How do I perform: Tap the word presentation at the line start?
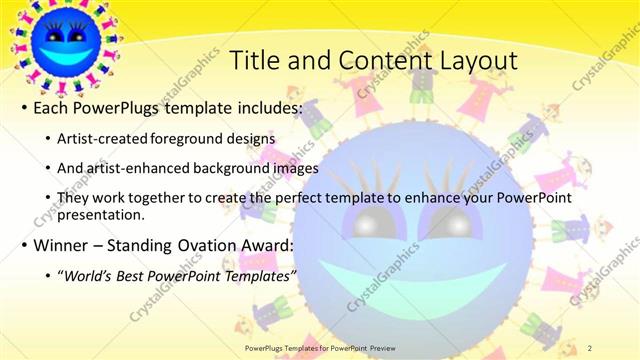[x=103, y=214]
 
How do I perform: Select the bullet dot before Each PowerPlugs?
[x=23, y=107]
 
